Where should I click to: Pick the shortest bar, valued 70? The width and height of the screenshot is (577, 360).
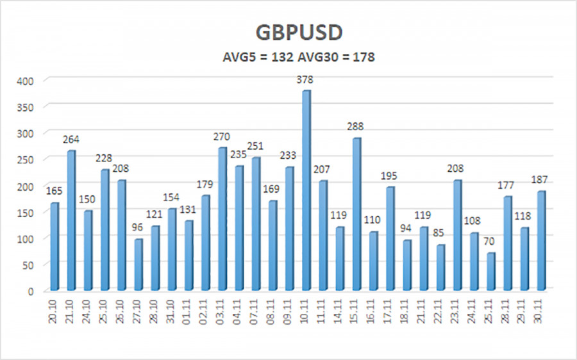(x=490, y=270)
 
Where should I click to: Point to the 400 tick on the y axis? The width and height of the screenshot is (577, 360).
(x=29, y=81)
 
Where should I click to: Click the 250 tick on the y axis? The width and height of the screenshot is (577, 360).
(x=29, y=160)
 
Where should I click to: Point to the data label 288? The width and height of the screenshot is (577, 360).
(x=356, y=127)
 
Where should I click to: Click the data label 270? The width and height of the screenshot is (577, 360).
(x=222, y=136)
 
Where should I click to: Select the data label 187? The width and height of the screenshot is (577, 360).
(x=542, y=180)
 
